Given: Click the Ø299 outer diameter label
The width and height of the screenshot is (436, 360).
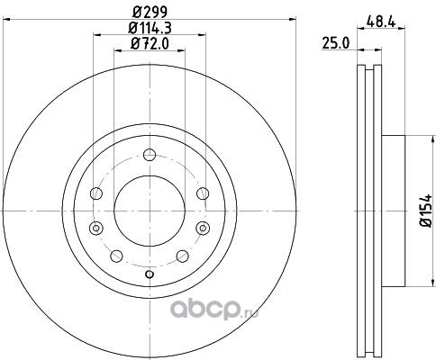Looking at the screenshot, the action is pyautogui.click(x=150, y=12).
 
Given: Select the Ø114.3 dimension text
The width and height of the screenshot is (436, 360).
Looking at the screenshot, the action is pyautogui.click(x=150, y=28).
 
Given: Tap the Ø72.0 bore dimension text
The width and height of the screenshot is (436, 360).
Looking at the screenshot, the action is pyautogui.click(x=150, y=44).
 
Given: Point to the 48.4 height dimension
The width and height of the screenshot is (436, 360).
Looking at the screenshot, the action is pyautogui.click(x=381, y=22).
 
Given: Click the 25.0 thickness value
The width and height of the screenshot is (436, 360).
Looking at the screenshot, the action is pyautogui.click(x=336, y=43).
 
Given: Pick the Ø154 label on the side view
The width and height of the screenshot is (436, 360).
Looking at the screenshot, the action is pyautogui.click(x=426, y=211).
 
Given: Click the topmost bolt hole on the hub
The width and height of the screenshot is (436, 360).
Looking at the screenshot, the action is pyautogui.click(x=150, y=155).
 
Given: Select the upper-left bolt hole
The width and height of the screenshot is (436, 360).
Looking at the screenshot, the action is pyautogui.click(x=96, y=193).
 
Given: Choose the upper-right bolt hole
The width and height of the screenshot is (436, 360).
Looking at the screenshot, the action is pyautogui.click(x=203, y=193).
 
